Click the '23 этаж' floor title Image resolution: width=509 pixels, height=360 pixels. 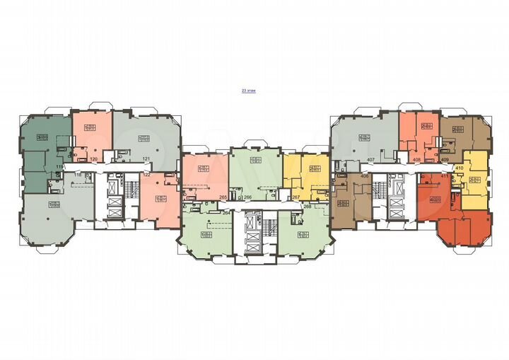click(x=250, y=91)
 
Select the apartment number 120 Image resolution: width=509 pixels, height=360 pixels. click(x=93, y=159)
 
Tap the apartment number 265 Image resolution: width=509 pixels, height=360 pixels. click(x=223, y=198)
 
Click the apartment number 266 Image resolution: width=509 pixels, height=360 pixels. click(x=248, y=198)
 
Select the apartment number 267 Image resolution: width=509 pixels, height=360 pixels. click(x=296, y=198)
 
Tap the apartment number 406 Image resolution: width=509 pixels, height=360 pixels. click(x=365, y=175)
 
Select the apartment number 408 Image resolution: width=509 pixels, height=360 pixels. click(x=417, y=161)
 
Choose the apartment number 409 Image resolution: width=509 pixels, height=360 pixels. click(x=445, y=161)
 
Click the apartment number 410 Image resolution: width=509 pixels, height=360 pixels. click(x=460, y=168)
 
